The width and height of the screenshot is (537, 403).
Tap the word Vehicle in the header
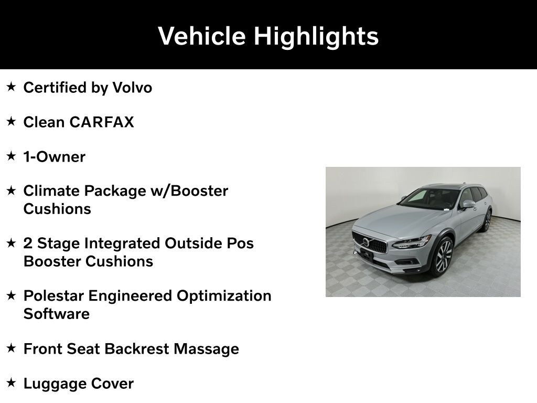click(x=202, y=36)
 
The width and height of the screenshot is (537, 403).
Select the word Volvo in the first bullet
click(x=132, y=88)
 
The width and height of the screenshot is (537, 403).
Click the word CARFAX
click(x=101, y=122)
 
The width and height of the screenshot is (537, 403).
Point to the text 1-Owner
click(x=54, y=157)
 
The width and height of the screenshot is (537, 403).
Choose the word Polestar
click(x=53, y=296)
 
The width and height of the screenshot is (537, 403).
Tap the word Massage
click(x=206, y=349)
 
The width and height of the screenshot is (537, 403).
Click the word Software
click(x=56, y=314)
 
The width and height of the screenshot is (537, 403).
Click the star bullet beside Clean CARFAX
click(x=12, y=121)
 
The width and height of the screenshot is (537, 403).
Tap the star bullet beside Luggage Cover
click(x=12, y=383)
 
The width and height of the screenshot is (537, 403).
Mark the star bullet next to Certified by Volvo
click(x=12, y=87)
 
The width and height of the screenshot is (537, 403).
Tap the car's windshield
click(x=430, y=199)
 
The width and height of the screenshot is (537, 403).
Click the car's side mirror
click(x=468, y=205)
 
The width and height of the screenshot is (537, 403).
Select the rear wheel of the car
click(x=487, y=221)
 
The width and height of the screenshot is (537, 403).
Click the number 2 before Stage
click(x=28, y=243)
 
